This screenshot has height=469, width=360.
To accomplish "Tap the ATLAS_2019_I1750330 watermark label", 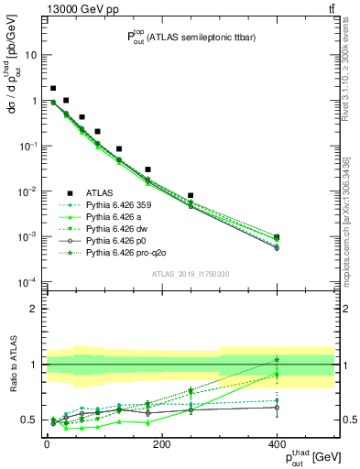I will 190,272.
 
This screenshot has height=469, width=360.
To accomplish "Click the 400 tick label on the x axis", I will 278,445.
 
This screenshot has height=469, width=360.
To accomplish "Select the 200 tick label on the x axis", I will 162,445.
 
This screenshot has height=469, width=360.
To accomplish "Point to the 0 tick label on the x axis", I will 47,445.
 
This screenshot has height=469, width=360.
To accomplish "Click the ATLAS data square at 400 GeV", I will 278,238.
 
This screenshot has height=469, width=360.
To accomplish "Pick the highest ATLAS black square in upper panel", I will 53,89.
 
